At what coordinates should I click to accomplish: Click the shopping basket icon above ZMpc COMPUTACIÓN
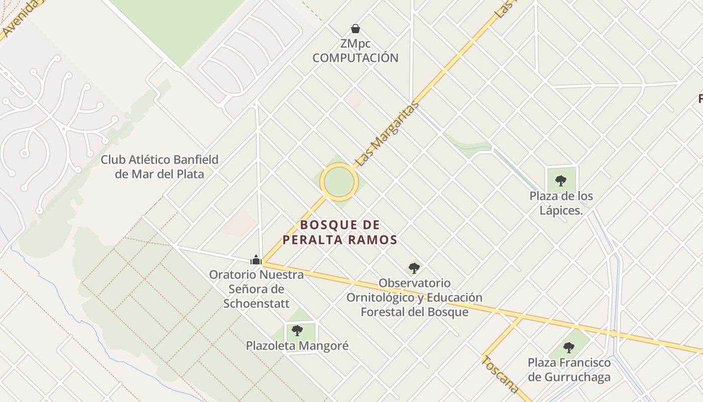tap(356, 29)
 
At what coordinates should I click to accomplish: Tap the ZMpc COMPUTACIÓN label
tap(356, 51)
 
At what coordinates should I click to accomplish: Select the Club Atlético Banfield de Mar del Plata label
tap(160, 167)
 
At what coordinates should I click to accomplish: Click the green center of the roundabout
tap(339, 181)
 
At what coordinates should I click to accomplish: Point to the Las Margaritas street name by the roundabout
tap(387, 134)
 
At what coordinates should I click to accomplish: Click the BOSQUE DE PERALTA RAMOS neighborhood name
tap(339, 232)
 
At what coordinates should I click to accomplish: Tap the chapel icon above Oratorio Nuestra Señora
tap(256, 260)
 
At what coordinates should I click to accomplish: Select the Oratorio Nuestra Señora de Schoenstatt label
tap(257, 289)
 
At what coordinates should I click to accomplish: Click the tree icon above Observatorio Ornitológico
tap(414, 268)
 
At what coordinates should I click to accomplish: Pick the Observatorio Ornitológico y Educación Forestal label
tap(414, 297)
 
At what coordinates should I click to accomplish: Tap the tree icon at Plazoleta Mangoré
tap(297, 331)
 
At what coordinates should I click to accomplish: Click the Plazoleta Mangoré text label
tap(297, 346)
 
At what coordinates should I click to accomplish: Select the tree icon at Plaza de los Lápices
tap(561, 181)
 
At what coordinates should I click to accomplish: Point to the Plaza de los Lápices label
tap(561, 203)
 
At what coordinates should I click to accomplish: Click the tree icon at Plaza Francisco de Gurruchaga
tap(569, 347)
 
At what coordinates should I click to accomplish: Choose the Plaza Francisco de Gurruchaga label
tap(569, 370)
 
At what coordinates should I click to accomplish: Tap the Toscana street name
tap(500, 374)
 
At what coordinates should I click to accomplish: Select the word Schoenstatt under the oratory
tap(257, 304)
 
